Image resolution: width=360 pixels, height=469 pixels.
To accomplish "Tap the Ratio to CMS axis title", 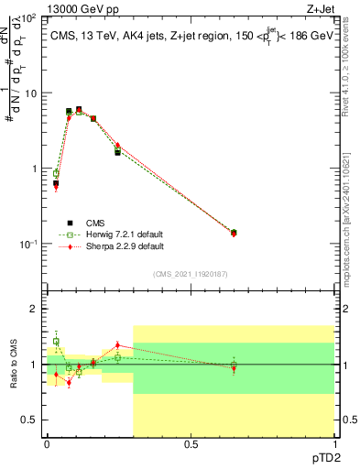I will click(13, 364).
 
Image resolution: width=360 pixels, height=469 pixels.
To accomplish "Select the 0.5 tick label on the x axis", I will click(191, 444).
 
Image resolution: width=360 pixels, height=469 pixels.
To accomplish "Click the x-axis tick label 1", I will click(333, 444).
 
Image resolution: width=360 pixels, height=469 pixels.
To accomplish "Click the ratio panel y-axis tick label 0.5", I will click(31, 420).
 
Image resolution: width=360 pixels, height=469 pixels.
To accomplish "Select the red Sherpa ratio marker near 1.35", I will click(117, 345).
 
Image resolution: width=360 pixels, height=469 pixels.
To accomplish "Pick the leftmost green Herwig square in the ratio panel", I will click(56, 342).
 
